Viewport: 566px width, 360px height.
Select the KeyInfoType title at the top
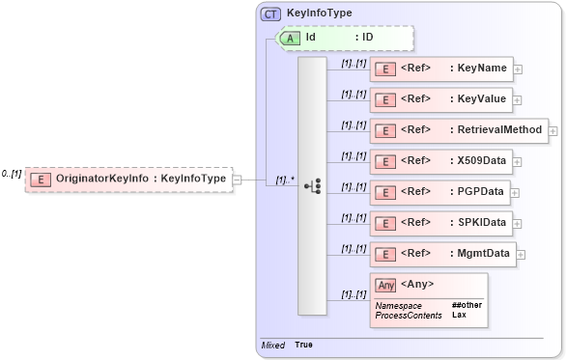(x=319, y=14)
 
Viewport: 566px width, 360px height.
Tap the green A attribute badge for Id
(x=290, y=38)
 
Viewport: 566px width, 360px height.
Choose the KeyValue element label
(x=479, y=99)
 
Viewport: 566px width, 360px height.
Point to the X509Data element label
(x=482, y=161)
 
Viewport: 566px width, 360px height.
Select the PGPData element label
(x=481, y=192)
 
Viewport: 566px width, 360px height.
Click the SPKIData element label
(x=482, y=223)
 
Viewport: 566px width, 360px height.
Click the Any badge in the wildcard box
(x=385, y=285)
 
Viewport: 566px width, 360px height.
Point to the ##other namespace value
(x=467, y=305)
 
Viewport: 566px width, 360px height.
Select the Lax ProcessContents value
(x=460, y=315)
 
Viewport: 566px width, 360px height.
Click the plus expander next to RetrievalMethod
(x=553, y=130)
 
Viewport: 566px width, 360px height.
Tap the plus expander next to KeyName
(x=519, y=69)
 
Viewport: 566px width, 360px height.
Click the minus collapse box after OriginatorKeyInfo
(x=238, y=179)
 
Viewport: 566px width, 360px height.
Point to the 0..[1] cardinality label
(x=12, y=174)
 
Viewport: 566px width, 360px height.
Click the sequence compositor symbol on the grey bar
(x=312, y=185)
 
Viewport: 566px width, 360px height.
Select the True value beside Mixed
(x=303, y=345)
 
